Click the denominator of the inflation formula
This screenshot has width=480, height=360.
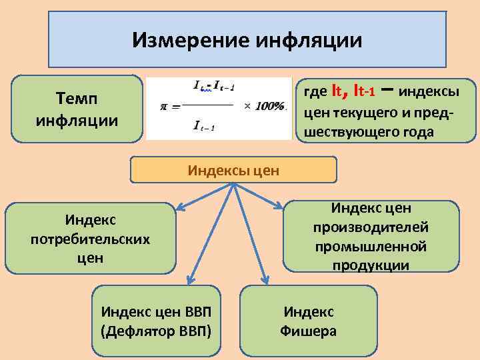(x=204, y=127)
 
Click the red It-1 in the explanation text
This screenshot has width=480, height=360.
(x=365, y=89)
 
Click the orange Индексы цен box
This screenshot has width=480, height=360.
(x=233, y=171)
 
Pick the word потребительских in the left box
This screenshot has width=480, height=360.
(x=90, y=238)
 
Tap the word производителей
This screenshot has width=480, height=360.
(x=371, y=227)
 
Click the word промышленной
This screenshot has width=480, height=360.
(x=371, y=247)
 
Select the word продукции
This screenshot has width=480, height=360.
(x=371, y=265)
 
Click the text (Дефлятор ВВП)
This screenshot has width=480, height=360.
(x=156, y=330)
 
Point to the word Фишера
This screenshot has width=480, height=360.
(x=309, y=330)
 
